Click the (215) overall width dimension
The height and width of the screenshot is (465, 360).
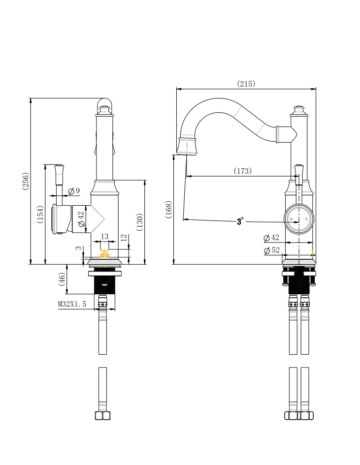point(246,84)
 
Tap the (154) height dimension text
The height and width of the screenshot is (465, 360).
point(40,214)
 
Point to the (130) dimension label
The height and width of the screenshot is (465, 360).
point(139,222)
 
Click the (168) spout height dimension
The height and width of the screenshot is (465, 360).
point(168,210)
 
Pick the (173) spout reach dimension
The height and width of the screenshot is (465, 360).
point(242,171)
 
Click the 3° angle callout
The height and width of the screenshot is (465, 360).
point(240,221)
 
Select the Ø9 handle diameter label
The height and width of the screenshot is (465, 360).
point(74,190)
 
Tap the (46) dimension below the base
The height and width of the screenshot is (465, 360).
point(62,279)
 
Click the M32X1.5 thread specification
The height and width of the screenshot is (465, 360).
point(72,304)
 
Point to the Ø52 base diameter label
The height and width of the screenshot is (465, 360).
point(272,250)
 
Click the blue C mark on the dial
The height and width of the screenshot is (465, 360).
point(306,218)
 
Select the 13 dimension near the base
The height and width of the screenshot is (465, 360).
point(104,237)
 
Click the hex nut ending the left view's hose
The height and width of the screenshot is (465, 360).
point(102,415)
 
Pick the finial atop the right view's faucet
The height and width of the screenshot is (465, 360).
point(299,109)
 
